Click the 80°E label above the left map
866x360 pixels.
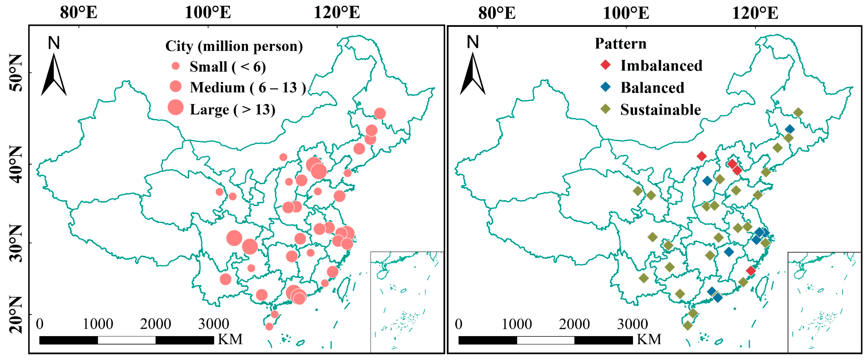[x=79, y=12]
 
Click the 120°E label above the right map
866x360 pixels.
[x=755, y=13]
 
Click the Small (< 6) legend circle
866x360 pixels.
[x=175, y=66]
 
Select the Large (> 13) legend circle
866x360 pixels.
[x=175, y=108]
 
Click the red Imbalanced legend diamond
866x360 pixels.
[x=605, y=65]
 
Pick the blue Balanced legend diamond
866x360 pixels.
[x=605, y=87]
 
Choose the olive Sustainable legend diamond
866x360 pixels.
[x=605, y=109]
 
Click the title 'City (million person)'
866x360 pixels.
[x=234, y=46]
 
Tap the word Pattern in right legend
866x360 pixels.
[x=621, y=44]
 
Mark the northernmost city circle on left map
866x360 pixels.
[x=379, y=114]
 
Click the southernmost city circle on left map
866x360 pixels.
[x=269, y=326]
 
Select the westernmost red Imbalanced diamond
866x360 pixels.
[x=702, y=156]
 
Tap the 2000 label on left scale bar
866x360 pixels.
[x=155, y=324]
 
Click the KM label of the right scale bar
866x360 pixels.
[x=649, y=339]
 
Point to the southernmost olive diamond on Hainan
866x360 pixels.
[x=688, y=325]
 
